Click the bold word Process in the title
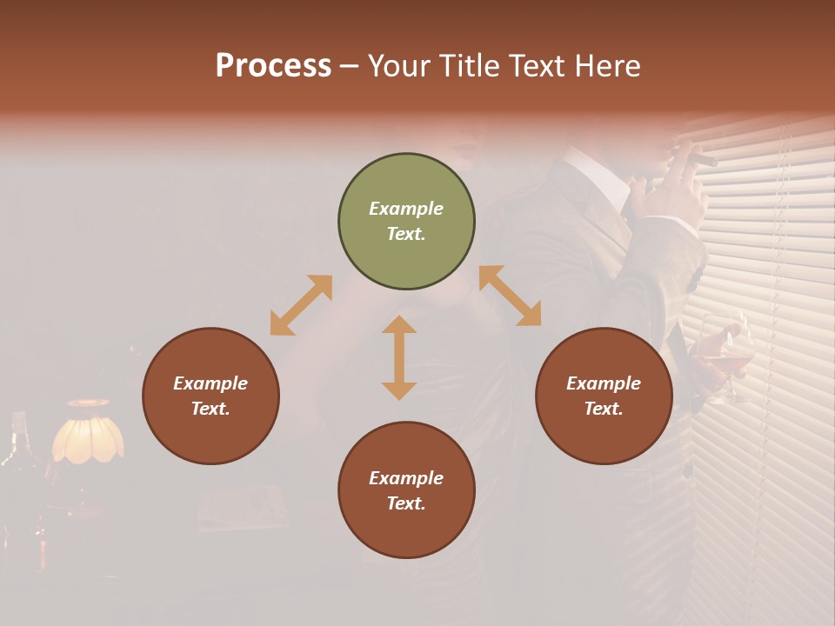click(273, 65)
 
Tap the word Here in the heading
click(609, 65)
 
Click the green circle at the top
click(406, 222)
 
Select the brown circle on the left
click(210, 396)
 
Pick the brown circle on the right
click(604, 396)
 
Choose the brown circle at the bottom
click(406, 490)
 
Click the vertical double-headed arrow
click(399, 357)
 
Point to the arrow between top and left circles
click(301, 305)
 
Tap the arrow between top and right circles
click(510, 296)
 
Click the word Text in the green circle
click(405, 234)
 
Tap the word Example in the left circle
click(210, 383)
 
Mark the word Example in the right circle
click(604, 383)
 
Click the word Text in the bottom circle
click(405, 503)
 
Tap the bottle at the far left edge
click(12, 452)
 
